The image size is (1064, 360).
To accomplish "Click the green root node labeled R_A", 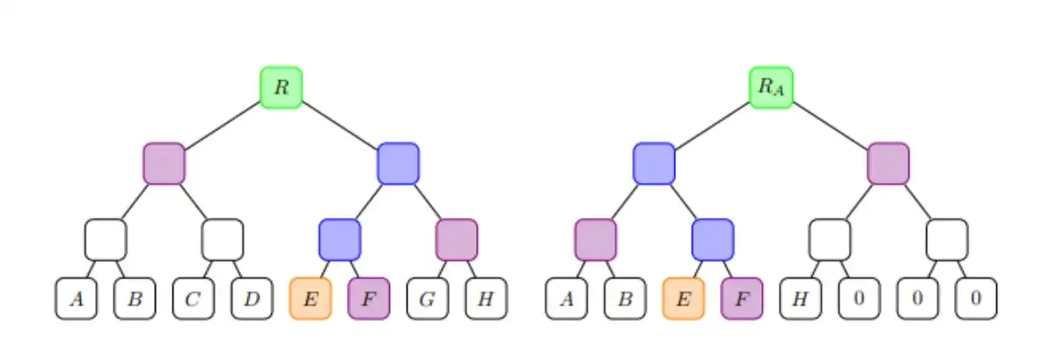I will [771, 87].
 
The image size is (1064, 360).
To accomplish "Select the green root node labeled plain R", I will [281, 87].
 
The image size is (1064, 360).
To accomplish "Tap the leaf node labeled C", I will [194, 298].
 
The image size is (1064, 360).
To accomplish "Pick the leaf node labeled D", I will [252, 298].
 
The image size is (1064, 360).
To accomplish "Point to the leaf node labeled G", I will [428, 298].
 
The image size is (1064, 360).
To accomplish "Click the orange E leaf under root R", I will [311, 298].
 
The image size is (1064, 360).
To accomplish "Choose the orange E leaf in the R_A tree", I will [683, 298].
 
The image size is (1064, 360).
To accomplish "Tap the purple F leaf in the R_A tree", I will [742, 298].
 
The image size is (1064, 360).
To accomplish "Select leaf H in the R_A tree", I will [800, 298].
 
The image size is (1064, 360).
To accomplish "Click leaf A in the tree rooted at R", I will [77, 298].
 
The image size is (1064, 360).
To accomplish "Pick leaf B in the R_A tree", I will [625, 298].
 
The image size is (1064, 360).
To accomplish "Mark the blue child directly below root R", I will [398, 164].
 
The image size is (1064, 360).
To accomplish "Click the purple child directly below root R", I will [164, 164].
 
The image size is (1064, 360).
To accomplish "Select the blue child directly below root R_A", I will [654, 164].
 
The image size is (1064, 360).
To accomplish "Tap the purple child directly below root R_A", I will [888, 164].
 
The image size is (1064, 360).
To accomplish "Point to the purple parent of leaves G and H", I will [457, 239].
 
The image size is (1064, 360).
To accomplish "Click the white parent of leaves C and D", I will [223, 239].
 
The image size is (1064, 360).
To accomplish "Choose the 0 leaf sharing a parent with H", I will [859, 298].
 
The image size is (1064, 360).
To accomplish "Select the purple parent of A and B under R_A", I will [596, 239].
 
